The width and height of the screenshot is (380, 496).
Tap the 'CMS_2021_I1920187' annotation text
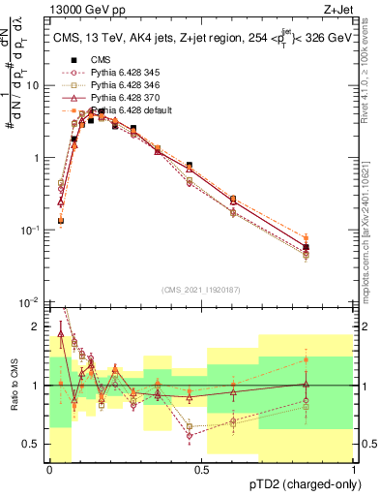(201, 290)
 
